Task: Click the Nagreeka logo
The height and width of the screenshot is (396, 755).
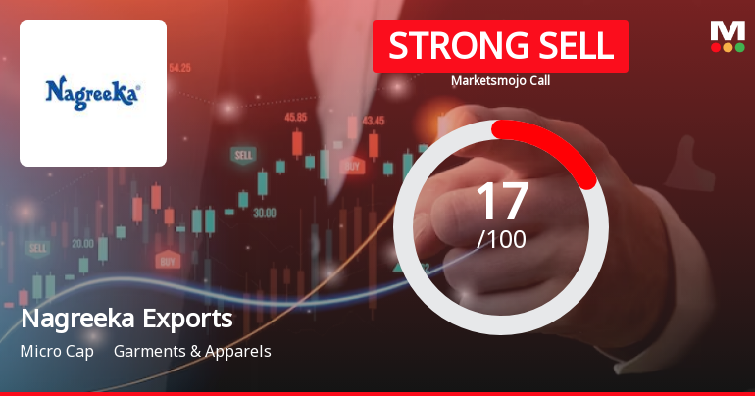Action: click(93, 94)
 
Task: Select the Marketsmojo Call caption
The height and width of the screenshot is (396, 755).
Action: click(500, 80)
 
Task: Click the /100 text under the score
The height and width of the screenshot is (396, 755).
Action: click(501, 238)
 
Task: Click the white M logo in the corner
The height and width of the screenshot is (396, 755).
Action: click(728, 29)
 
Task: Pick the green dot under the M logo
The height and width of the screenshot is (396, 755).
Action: click(740, 47)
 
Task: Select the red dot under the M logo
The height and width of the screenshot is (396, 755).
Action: click(715, 47)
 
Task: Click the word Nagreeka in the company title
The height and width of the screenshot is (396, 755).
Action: click(74, 319)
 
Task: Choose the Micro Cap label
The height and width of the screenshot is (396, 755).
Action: click(57, 351)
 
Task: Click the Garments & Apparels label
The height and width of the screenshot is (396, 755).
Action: click(192, 351)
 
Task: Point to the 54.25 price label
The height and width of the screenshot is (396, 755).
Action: click(179, 68)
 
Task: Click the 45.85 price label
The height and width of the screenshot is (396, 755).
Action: click(295, 117)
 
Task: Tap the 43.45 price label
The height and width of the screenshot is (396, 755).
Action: click(374, 121)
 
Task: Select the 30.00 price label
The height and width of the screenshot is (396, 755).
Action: click(264, 212)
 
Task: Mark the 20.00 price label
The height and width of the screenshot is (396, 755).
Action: click(82, 243)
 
